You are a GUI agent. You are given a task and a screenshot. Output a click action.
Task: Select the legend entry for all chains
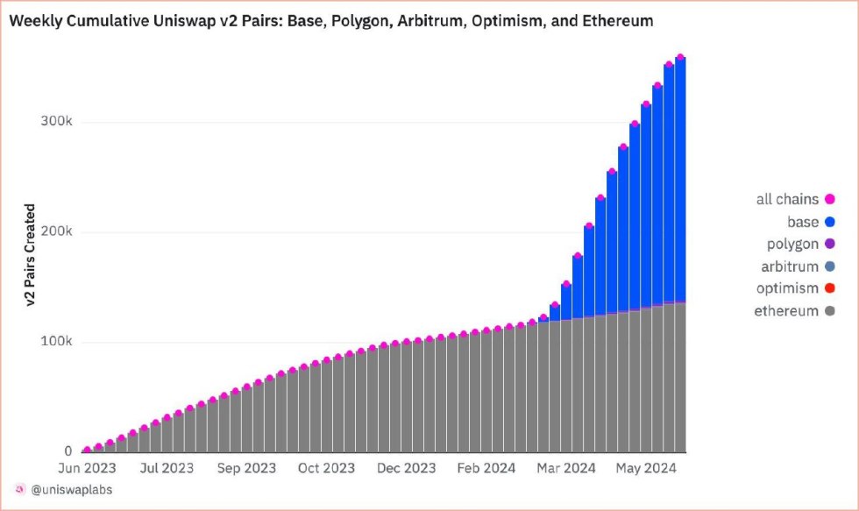click(787, 200)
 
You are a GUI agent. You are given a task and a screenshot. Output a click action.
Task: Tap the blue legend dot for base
click(829, 223)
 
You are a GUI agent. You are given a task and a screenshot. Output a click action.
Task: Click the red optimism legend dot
click(829, 288)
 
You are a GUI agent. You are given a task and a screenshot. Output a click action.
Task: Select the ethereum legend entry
click(786, 310)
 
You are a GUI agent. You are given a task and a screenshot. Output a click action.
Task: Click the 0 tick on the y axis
click(67, 451)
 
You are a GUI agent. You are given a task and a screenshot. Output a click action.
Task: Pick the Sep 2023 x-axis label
click(247, 468)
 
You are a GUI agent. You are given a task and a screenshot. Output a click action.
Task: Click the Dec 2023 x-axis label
click(407, 468)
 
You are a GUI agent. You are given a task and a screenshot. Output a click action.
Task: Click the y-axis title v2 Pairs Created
click(30, 255)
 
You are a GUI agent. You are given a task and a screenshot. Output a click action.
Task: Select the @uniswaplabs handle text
click(70, 489)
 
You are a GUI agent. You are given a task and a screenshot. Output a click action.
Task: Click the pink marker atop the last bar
click(680, 58)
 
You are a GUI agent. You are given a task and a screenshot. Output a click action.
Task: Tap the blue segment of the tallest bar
click(680, 175)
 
